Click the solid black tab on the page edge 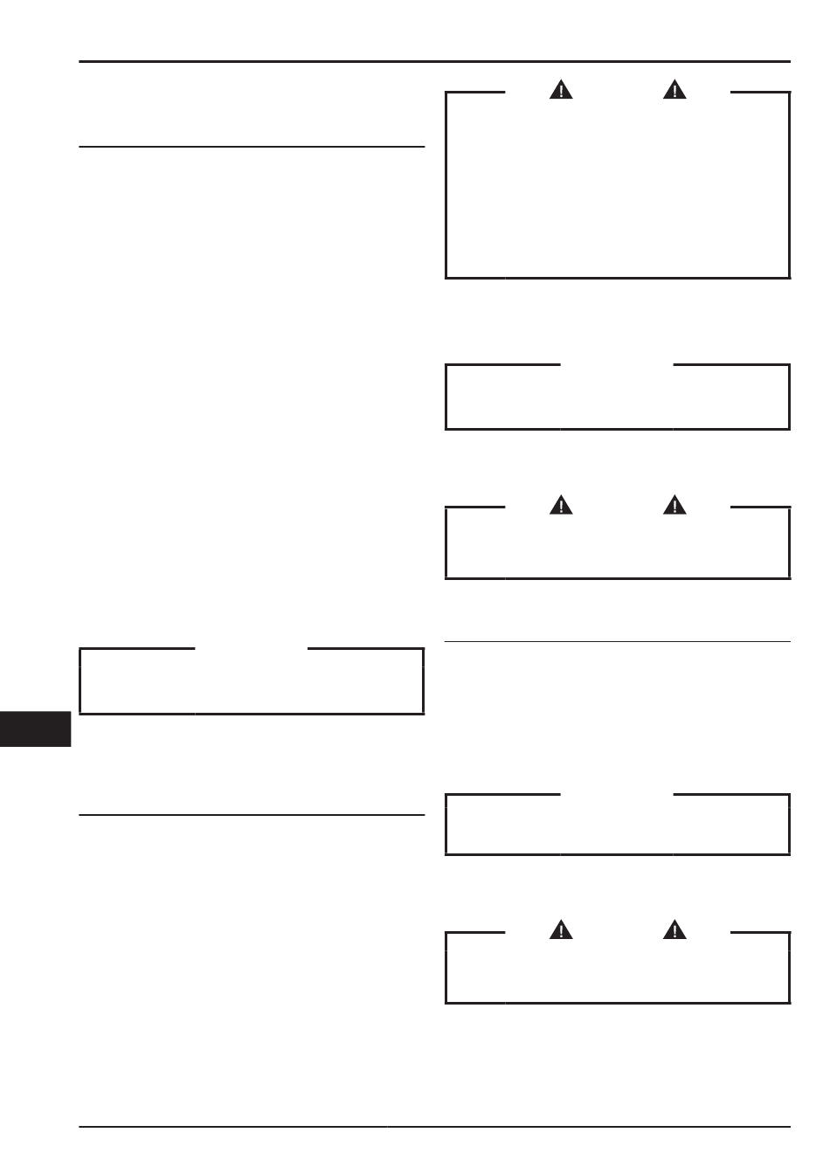[x=35, y=729]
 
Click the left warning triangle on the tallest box [x=561, y=89]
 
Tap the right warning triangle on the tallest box [x=674, y=89]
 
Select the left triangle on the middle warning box [x=561, y=505]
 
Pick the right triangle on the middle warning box [x=674, y=505]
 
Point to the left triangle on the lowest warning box [x=561, y=929]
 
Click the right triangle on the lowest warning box [x=674, y=929]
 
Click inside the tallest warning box [x=618, y=188]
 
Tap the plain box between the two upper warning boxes [x=618, y=397]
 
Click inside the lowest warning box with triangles [x=618, y=969]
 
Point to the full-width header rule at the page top [x=434, y=62]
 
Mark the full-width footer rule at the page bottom [x=434, y=1127]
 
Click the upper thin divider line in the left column [x=252, y=147]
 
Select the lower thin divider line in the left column [x=252, y=815]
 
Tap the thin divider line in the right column [x=618, y=642]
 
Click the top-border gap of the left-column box [x=252, y=649]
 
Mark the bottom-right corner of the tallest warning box [x=789, y=277]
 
